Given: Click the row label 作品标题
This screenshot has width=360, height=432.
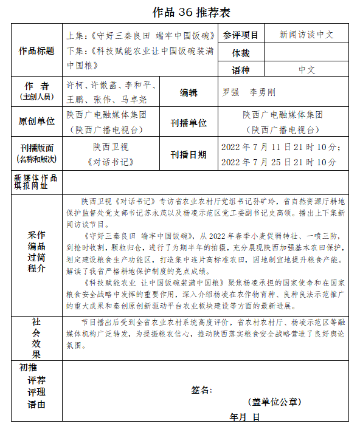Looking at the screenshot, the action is (36, 51).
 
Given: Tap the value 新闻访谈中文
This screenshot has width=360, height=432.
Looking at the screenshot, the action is (306, 35).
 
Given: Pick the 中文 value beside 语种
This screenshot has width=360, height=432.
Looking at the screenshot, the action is (306, 70).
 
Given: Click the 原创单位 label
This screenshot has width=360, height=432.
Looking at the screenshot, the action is (36, 122).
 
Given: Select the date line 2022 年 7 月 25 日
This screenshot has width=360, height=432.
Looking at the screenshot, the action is (278, 162).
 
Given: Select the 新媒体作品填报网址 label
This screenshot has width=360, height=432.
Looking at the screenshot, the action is (36, 182).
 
